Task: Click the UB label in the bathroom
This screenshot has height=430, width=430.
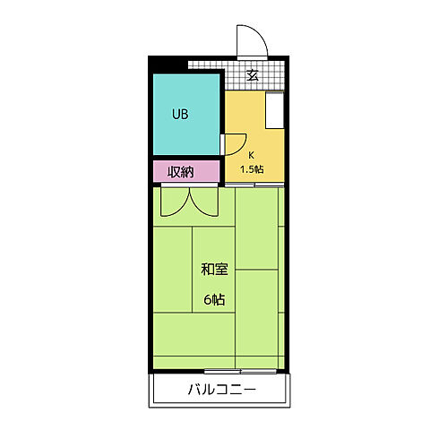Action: click(180, 115)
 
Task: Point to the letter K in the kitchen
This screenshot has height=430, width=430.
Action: click(251, 154)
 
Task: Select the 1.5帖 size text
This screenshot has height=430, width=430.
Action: click(251, 168)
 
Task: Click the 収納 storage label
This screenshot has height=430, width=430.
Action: click(185, 172)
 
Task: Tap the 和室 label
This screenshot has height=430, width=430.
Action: click(214, 268)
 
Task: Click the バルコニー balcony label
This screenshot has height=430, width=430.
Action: click(221, 391)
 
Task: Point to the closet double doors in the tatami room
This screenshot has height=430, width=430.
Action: click(188, 202)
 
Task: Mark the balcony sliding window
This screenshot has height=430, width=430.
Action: click(239, 370)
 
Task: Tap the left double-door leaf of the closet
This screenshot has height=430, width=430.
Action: click(174, 202)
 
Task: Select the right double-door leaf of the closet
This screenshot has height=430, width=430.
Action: click(203, 202)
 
